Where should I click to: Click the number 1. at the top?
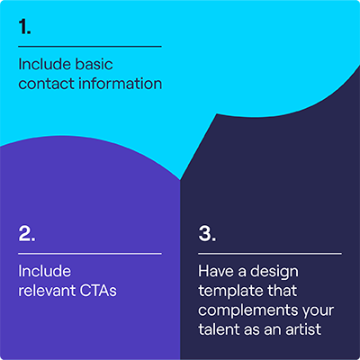[x=25, y=27]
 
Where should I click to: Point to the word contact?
[x=45, y=84]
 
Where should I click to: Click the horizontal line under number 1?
[x=90, y=46]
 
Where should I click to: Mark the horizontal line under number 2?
[x=90, y=253]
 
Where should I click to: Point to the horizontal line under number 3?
[x=270, y=253]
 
